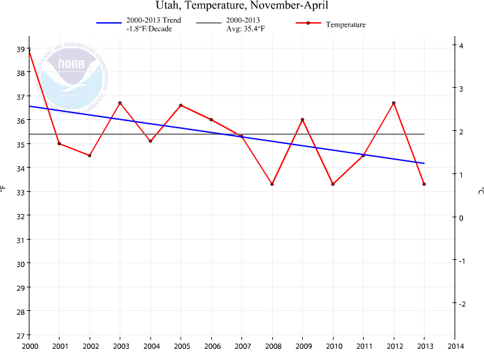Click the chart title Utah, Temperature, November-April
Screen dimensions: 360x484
(x=241, y=6)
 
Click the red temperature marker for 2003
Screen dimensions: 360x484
(x=120, y=103)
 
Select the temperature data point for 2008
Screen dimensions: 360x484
(x=272, y=184)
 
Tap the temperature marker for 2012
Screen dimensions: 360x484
(x=394, y=103)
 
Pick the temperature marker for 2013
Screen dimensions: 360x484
(x=424, y=184)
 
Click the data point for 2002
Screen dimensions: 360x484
(x=90, y=155)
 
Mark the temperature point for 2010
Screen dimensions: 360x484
(x=333, y=184)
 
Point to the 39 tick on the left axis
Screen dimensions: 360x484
(x=20, y=49)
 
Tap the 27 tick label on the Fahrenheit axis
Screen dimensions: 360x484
(x=20, y=335)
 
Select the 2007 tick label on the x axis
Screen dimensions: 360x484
(x=242, y=346)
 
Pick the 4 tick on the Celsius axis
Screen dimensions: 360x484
(x=462, y=46)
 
